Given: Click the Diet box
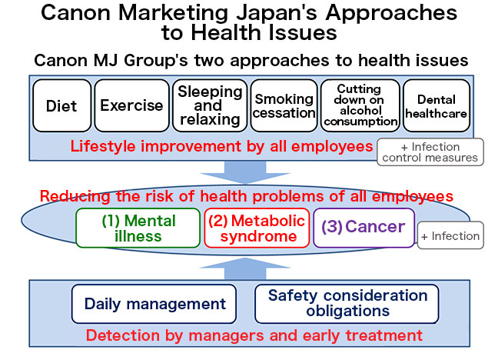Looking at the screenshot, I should click(x=61, y=105).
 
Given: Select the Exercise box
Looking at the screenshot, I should click(x=131, y=105).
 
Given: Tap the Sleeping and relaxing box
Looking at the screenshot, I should click(x=210, y=105).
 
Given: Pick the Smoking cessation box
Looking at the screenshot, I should click(x=284, y=105).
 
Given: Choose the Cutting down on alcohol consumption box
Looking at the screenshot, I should click(x=360, y=105).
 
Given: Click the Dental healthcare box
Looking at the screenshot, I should click(x=436, y=105).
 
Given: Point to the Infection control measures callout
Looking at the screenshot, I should click(x=430, y=152).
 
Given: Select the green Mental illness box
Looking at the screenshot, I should click(x=138, y=228).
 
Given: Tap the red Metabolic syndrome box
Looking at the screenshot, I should click(x=257, y=228).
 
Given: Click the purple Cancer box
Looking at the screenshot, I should click(x=364, y=227).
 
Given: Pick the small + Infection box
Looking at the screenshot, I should click(x=450, y=236).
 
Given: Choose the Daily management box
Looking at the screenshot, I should click(x=155, y=303).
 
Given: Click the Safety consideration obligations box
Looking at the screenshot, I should click(x=347, y=303).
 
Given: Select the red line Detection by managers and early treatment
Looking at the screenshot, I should click(x=254, y=335).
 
